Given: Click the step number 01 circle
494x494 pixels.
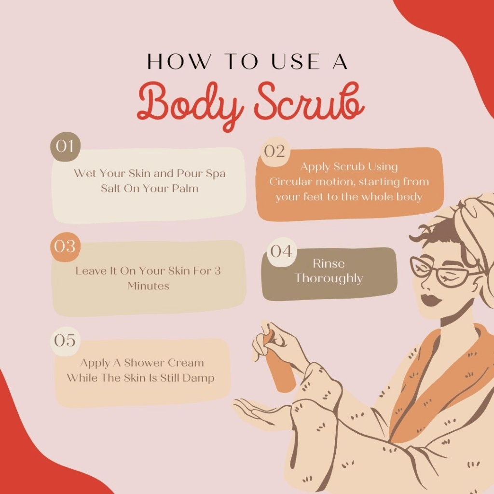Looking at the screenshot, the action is (x=66, y=147).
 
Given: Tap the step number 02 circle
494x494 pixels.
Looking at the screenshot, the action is (x=274, y=151).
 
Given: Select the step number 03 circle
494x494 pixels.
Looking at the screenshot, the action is (x=66, y=247).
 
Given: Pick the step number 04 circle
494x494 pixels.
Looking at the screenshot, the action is (x=281, y=252).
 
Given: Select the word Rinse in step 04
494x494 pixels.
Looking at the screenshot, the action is (x=329, y=263).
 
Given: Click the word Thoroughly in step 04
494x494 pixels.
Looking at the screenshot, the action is (x=329, y=278).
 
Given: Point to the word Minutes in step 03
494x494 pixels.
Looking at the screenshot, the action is (x=148, y=286).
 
